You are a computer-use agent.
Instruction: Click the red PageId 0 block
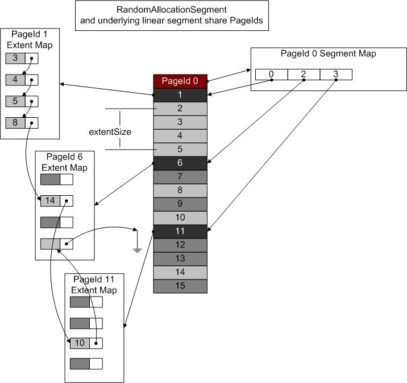tap(180, 81)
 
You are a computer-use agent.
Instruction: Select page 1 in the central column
tap(180, 94)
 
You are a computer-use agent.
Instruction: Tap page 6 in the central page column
tap(180, 163)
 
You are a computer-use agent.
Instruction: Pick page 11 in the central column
tap(180, 232)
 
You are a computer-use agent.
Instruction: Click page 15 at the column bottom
tap(180, 286)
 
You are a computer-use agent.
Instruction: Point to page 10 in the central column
tap(180, 217)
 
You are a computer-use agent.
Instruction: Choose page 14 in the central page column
tap(180, 272)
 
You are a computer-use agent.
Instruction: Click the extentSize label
tap(110, 131)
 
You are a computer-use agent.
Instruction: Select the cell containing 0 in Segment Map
tap(271, 75)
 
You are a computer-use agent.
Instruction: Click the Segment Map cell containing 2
tap(304, 75)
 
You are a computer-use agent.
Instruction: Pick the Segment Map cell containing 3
tap(336, 75)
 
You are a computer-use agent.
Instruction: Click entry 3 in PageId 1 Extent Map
tap(15, 59)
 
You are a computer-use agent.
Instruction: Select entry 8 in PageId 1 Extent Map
tap(15, 122)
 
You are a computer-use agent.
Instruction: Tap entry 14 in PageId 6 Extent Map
tap(50, 201)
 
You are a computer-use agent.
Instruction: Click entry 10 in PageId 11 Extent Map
tap(80, 343)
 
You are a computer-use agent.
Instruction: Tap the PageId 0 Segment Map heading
tap(328, 54)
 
